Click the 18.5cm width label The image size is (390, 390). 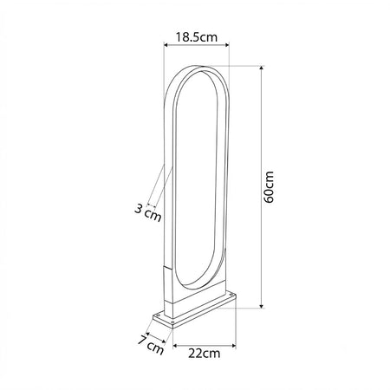point(196,37)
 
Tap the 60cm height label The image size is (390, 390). point(269,187)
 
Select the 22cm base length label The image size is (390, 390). point(204,353)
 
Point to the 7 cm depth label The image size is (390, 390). point(151,344)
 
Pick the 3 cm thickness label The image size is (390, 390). point(148,212)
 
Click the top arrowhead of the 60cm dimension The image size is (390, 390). point(262,68)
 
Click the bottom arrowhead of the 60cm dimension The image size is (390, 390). point(262,306)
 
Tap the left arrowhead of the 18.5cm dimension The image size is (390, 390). point(166,44)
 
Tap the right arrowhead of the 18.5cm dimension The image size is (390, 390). point(227,44)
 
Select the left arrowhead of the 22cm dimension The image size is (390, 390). point(175,345)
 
